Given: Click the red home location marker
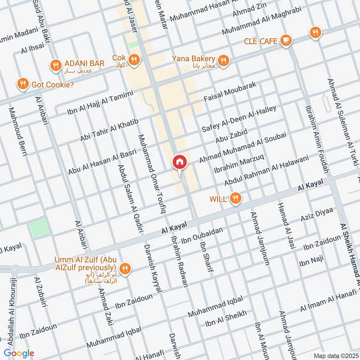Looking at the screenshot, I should coord(179,162).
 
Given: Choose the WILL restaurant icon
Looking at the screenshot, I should coord(234,198).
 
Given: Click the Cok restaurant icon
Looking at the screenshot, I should coord(134,59).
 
